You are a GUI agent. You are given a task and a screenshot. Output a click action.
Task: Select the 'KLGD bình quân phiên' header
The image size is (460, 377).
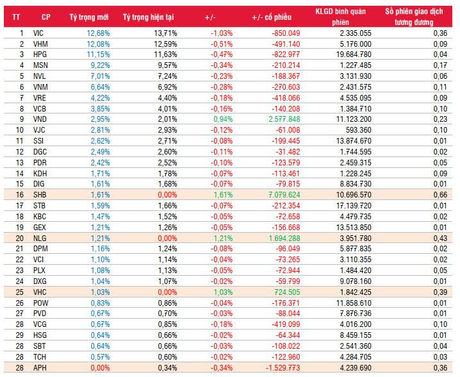340,15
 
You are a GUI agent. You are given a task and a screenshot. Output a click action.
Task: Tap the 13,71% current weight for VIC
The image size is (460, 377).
161,32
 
